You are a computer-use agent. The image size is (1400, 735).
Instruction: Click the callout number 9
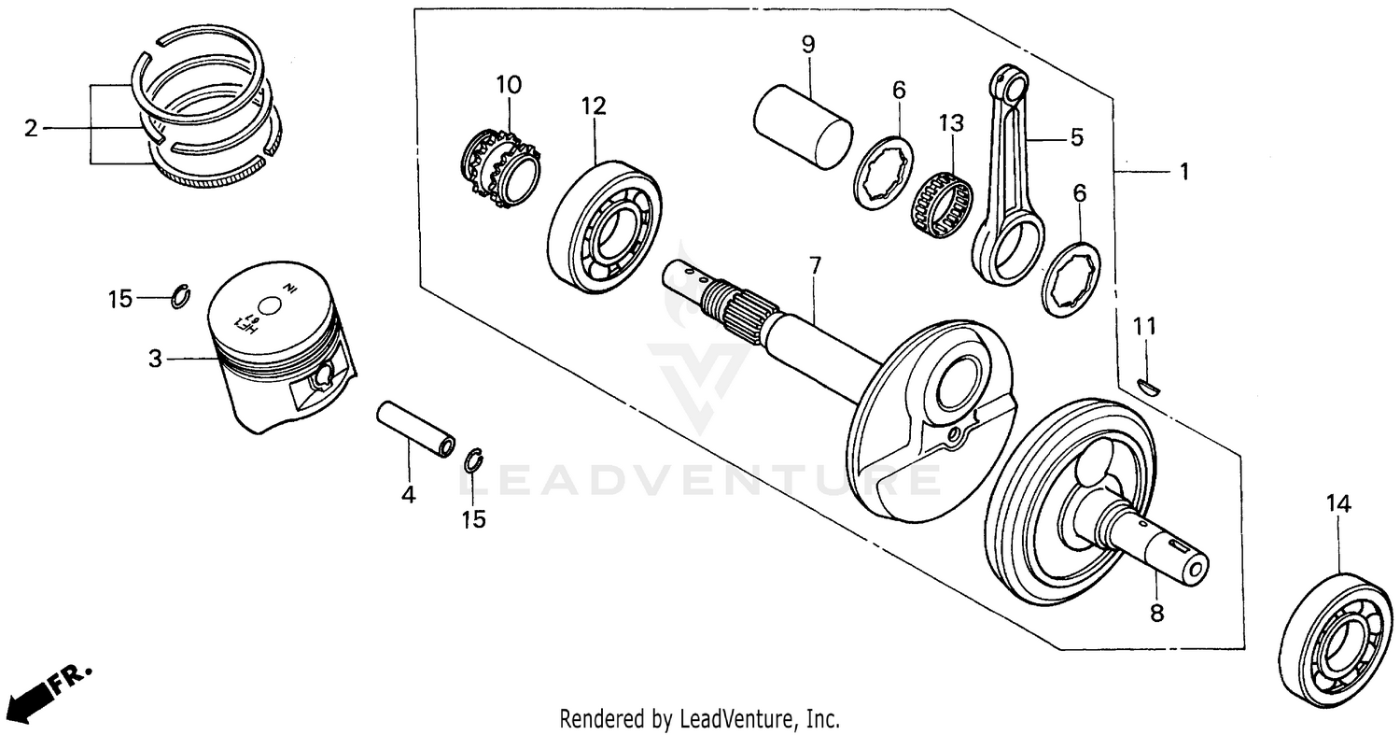coord(808,43)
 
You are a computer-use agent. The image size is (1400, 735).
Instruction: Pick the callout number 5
coord(1076,138)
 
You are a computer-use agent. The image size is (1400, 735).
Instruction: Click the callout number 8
coord(1156,614)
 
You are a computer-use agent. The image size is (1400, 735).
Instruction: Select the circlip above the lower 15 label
coord(474,460)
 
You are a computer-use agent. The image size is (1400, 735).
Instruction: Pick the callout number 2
coord(31,128)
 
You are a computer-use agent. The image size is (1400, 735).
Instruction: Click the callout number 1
coord(1183,172)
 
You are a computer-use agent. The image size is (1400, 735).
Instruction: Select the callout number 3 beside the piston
coord(155,358)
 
